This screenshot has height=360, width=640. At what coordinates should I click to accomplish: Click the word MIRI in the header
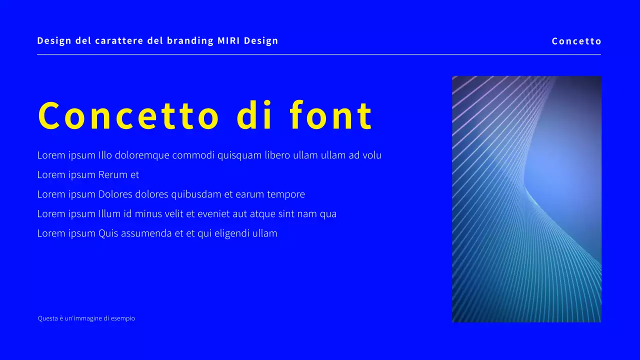[228, 41]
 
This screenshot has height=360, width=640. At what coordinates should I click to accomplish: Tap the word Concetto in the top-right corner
[576, 41]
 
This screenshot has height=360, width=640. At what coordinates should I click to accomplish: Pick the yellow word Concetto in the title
[128, 116]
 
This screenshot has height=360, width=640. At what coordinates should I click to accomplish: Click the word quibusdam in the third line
[196, 194]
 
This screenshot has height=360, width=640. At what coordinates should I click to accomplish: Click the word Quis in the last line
[108, 233]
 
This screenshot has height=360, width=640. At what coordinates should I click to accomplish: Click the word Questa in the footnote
[47, 318]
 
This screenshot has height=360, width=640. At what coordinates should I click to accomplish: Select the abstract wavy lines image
[526, 199]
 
